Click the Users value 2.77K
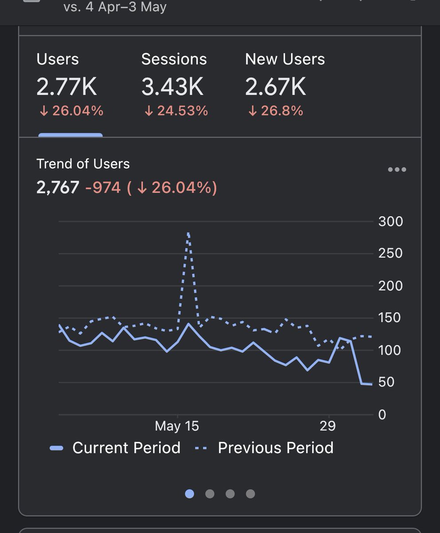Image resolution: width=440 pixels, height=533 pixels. click(67, 87)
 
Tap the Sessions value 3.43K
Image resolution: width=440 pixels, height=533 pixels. click(173, 87)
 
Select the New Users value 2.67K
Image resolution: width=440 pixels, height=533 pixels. click(275, 87)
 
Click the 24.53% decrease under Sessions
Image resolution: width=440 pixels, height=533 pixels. click(176, 111)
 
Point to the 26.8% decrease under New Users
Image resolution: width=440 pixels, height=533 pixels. click(275, 111)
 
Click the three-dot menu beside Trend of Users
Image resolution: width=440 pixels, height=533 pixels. click(397, 170)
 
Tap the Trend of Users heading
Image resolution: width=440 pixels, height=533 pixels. click(83, 164)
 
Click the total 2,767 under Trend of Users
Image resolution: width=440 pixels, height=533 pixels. click(58, 187)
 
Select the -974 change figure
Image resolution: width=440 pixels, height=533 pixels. click(103, 187)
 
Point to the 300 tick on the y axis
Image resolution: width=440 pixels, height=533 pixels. click(390, 221)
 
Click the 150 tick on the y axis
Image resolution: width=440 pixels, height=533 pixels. click(390, 318)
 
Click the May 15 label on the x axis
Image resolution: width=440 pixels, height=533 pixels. click(177, 426)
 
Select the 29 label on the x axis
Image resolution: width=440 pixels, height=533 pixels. click(327, 426)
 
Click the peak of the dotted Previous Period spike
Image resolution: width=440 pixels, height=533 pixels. click(189, 233)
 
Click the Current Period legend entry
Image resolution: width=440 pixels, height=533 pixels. click(115, 448)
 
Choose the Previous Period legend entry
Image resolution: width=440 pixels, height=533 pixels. click(264, 448)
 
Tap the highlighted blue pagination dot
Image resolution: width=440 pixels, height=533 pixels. click(189, 494)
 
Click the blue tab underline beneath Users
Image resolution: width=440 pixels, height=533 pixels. click(71, 135)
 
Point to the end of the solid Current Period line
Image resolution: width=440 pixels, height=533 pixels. click(372, 384)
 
